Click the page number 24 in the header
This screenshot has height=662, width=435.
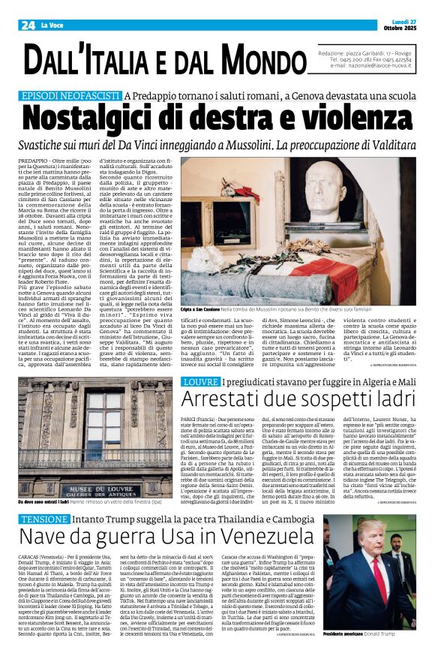point(27,26)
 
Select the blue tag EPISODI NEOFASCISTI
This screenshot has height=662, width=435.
point(70,96)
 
